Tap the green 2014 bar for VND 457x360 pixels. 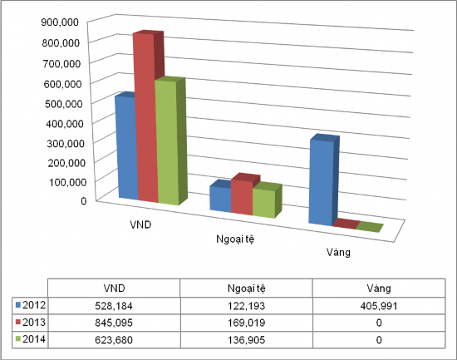166,142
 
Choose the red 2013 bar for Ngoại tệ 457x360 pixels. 241,196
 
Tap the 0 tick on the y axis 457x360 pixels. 83,200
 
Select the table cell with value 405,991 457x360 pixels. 379,305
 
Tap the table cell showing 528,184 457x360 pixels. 113,305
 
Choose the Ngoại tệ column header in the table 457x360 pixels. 246,287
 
